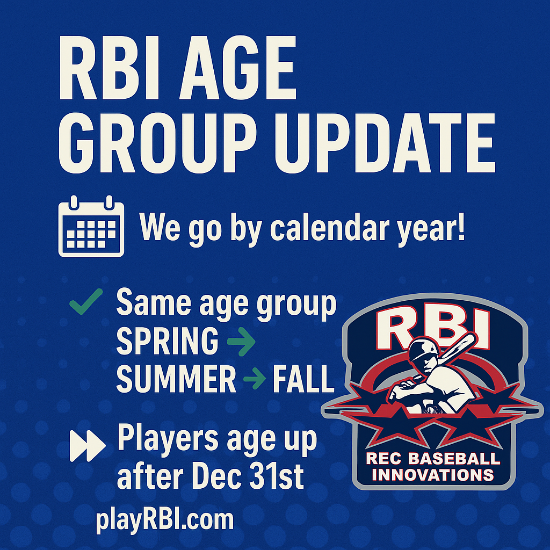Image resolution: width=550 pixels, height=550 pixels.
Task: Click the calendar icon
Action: coord(91,226)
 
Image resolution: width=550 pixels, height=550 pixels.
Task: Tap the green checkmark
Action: coord(86,302)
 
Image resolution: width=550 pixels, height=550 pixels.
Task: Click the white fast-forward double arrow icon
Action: coord(88,445)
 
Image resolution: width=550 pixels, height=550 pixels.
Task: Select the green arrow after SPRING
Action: coord(241,341)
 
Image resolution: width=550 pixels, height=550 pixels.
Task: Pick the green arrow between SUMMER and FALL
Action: coord(254,379)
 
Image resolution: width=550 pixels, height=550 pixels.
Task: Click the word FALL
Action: coord(303,379)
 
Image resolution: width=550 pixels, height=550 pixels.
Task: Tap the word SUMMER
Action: coord(176,379)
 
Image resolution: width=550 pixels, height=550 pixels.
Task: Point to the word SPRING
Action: coord(168,341)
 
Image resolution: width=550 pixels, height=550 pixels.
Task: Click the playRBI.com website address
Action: coord(164,520)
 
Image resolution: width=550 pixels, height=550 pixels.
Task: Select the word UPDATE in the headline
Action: coord(385,143)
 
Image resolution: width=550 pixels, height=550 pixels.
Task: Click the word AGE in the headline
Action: coord(238,68)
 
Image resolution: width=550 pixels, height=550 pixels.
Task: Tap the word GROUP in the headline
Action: coord(157,143)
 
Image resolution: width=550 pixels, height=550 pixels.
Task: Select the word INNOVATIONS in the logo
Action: coord(433,475)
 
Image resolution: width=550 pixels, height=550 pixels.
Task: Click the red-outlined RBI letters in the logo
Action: coord(433,327)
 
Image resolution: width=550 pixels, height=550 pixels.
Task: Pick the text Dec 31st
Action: coord(247,477)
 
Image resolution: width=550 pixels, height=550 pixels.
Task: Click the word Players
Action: coord(168,438)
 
